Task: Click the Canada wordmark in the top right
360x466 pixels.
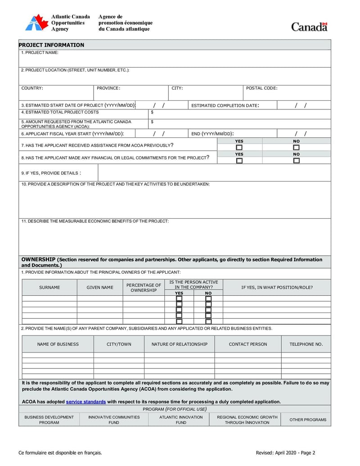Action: click(x=309, y=27)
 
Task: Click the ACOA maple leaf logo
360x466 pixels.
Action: click(x=36, y=23)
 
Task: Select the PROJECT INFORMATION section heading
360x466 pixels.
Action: click(x=51, y=45)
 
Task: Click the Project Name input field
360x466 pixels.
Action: click(x=175, y=60)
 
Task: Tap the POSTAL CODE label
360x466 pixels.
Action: click(x=261, y=88)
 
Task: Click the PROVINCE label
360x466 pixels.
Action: click(x=108, y=88)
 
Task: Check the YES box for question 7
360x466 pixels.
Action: click(x=239, y=147)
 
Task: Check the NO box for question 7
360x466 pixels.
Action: click(x=296, y=147)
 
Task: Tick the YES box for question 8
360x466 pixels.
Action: click(x=239, y=160)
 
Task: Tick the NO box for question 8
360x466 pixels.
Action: click(x=296, y=160)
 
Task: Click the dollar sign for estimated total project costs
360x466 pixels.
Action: click(x=152, y=112)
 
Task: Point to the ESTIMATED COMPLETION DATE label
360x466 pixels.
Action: click(x=225, y=106)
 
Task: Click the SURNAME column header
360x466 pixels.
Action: click(x=49, y=287)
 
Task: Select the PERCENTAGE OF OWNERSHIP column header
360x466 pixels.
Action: click(x=144, y=288)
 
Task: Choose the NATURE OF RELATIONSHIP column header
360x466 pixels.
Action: click(x=180, y=344)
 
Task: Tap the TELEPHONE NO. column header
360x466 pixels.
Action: click(x=306, y=344)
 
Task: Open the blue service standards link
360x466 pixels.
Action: click(x=86, y=402)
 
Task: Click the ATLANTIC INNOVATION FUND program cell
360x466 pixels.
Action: click(x=181, y=420)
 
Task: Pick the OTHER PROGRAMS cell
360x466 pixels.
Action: click(x=308, y=420)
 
